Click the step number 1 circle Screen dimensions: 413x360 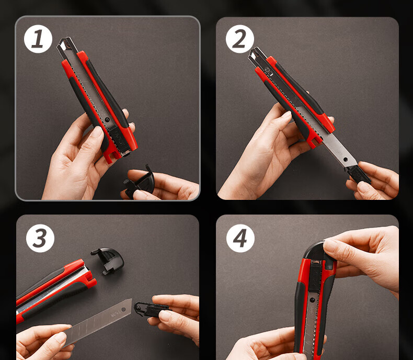38,39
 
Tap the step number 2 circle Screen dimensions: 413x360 239,39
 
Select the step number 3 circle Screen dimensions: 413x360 40,238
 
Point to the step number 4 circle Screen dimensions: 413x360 240,238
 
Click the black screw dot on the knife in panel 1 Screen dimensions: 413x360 107,120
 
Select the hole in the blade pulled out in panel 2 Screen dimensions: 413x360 346,159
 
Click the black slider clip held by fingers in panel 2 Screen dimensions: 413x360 358,174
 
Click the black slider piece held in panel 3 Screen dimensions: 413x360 150,309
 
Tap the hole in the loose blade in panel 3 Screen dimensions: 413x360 123,309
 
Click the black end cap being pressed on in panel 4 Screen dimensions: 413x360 317,252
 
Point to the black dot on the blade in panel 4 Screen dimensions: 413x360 312,300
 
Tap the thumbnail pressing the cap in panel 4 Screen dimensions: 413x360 328,244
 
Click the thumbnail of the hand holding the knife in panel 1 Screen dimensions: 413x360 97,131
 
